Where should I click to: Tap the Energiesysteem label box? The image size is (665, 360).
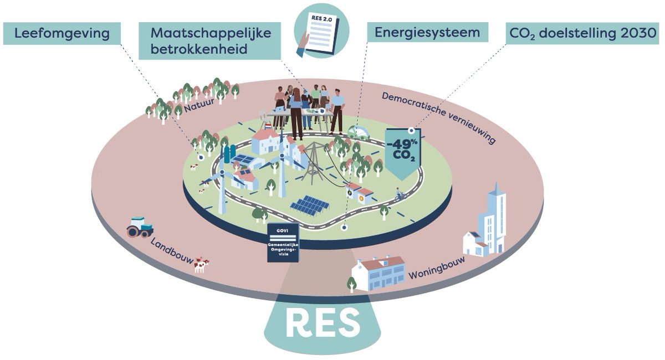(427, 33)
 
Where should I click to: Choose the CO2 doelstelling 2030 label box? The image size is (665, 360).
(582, 34)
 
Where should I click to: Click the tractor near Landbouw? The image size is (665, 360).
(140, 227)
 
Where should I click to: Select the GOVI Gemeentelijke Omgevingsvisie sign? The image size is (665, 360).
(284, 243)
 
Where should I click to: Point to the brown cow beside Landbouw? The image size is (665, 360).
(200, 265)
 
